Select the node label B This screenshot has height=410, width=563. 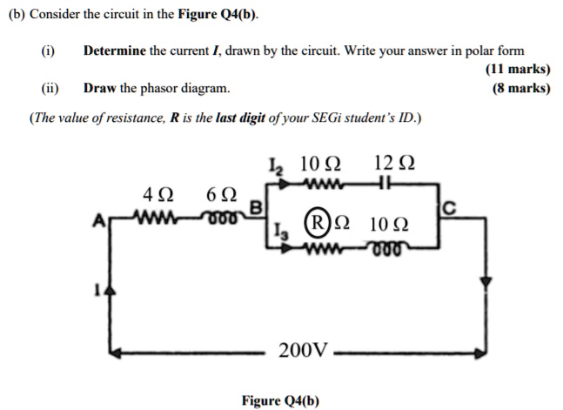256,207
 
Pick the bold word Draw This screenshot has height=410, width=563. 98,88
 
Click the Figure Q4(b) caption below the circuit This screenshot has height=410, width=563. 281,400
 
